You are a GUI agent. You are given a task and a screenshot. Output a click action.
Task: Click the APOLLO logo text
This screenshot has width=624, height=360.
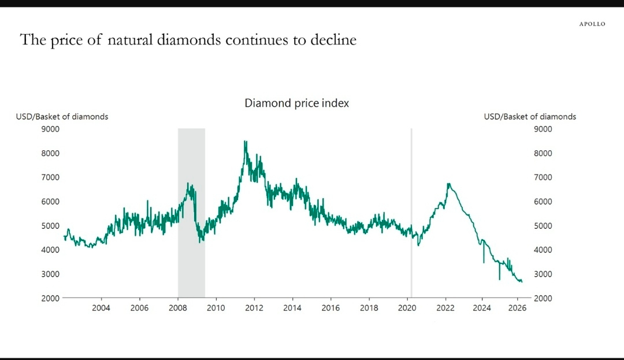(592, 24)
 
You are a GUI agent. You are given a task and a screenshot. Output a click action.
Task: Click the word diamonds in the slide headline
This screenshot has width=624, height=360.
(188, 40)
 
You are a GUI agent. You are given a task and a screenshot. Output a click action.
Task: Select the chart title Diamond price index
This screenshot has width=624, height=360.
(296, 103)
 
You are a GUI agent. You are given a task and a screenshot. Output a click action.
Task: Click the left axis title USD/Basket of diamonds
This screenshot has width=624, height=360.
(62, 117)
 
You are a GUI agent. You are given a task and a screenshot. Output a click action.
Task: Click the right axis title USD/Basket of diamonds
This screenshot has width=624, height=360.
(530, 117)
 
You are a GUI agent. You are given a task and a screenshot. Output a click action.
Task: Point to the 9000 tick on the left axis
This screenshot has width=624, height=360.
(50, 129)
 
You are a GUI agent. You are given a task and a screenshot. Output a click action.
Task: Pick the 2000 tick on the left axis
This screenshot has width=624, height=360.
(50, 298)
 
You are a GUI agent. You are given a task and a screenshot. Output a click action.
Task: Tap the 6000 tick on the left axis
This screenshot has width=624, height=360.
(50, 202)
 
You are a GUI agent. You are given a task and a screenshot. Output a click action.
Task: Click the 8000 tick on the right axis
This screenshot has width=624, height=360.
(543, 153)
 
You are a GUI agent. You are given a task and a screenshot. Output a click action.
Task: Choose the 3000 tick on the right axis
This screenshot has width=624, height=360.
(543, 274)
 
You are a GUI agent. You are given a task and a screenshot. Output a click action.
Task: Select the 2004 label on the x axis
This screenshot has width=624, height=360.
(101, 308)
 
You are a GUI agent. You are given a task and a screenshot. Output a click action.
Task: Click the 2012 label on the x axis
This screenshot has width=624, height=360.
(254, 308)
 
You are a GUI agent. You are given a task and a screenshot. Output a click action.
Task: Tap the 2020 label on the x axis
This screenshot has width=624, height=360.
(407, 308)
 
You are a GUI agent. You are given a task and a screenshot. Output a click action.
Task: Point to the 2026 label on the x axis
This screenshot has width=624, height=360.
(517, 308)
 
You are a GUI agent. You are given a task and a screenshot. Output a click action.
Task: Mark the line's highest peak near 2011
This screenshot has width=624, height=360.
(245, 142)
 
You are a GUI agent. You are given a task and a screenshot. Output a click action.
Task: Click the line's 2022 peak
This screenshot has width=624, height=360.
(448, 184)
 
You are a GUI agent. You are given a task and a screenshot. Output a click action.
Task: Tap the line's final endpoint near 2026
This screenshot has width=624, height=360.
(522, 281)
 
